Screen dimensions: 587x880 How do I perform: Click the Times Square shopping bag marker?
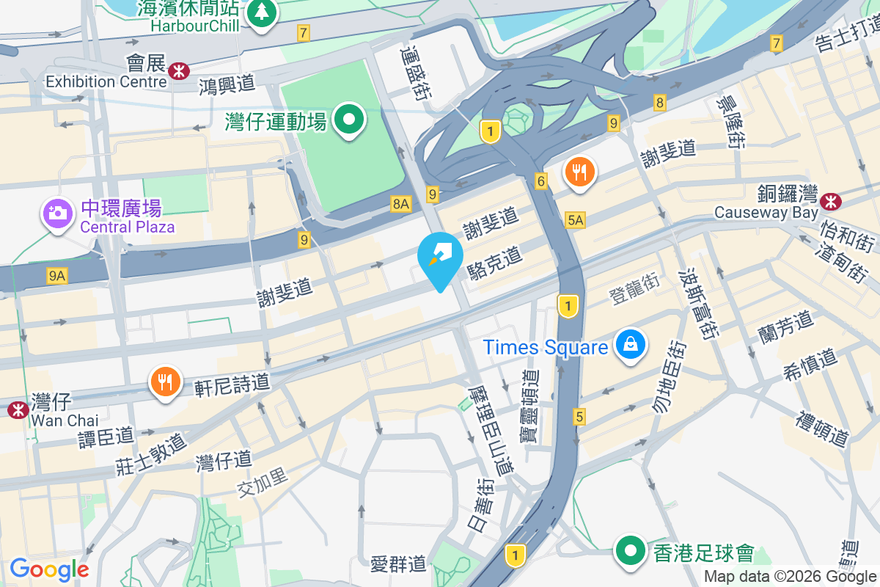coord(629,343)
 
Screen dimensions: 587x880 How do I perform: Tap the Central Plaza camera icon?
coord(57,213)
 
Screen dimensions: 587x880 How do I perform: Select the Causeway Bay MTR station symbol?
coord(831,200)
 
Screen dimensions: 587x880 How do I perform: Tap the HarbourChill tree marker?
coord(262,12)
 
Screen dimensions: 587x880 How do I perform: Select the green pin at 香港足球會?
coord(629,550)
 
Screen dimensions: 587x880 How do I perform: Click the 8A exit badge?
coord(400,204)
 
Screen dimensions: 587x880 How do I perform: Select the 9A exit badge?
coord(57,275)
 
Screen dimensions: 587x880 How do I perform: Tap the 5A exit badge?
coord(576,219)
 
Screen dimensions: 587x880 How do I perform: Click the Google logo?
coord(49,569)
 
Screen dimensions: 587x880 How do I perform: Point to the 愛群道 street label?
coord(398,564)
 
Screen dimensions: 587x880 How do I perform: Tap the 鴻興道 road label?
coord(227,84)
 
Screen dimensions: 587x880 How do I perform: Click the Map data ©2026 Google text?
coord(790,576)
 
